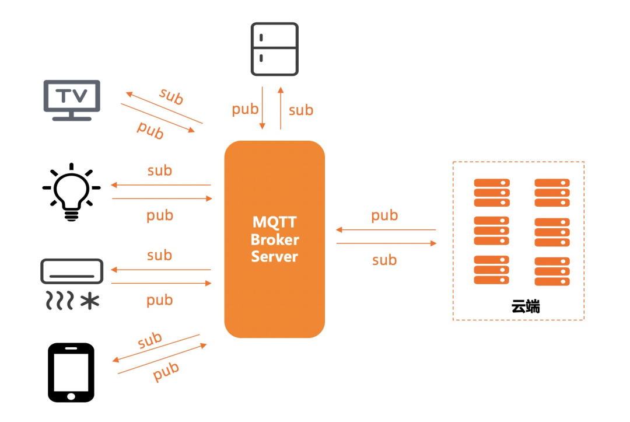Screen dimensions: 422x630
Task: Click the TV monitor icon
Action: [x=72, y=100]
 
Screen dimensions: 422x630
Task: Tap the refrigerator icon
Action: [x=274, y=49]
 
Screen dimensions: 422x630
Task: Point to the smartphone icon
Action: [x=71, y=372]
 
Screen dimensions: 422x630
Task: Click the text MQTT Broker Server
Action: [x=275, y=239]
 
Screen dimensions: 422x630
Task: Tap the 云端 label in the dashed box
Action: [x=526, y=306]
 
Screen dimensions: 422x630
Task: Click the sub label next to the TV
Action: [x=171, y=96]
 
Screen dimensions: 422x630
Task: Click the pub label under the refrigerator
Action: [x=245, y=109]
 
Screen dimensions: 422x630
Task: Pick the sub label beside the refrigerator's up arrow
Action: [x=301, y=110]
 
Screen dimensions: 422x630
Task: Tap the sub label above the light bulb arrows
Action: [x=159, y=170]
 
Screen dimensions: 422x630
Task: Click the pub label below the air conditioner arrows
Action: [x=159, y=300]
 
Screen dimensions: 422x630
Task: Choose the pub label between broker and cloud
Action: [x=384, y=215]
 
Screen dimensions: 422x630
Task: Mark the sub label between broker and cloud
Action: [x=384, y=260]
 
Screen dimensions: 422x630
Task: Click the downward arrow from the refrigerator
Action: [x=262, y=108]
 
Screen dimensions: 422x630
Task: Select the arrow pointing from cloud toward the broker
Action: [x=386, y=230]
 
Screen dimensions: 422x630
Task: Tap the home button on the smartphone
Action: [x=71, y=396]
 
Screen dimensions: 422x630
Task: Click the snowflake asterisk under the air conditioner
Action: [x=90, y=301]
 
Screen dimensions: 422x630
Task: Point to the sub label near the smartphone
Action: [x=150, y=340]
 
